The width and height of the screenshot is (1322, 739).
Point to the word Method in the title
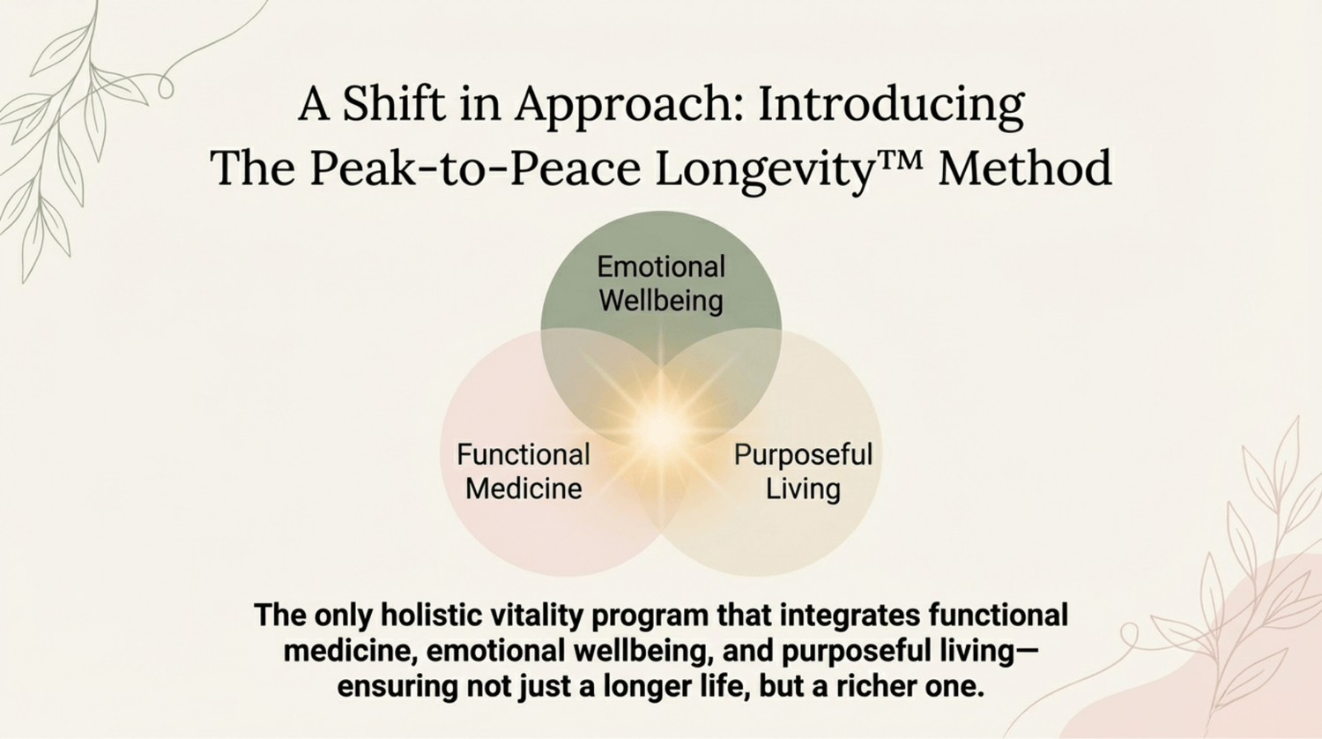click(1026, 168)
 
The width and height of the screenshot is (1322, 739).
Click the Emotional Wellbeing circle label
click(661, 283)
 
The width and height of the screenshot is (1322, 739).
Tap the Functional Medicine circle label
click(524, 472)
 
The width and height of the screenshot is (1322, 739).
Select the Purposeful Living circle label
click(803, 472)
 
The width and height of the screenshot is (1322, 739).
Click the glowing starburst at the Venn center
click(661, 427)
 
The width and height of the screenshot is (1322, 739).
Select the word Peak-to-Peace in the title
click(476, 168)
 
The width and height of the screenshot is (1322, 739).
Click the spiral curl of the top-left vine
click(166, 86)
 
